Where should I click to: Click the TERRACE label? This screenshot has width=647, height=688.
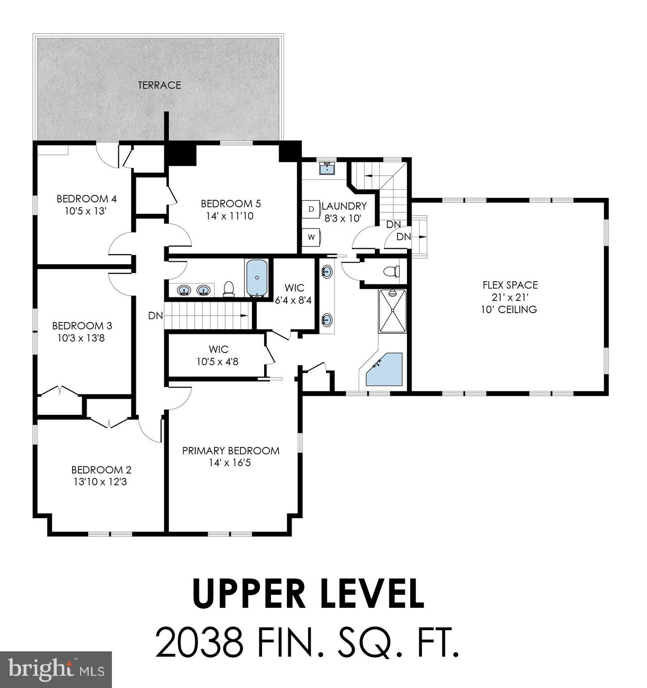tap(159, 85)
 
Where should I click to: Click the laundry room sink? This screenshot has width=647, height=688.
tap(327, 168)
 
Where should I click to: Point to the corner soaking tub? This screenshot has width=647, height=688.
tap(385, 370)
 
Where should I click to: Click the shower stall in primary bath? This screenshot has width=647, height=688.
tap(393, 311)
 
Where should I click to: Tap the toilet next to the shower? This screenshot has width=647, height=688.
tap(391, 271)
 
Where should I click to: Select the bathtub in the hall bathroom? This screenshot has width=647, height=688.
tap(257, 278)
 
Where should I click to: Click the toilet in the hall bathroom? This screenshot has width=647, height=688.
tap(229, 289)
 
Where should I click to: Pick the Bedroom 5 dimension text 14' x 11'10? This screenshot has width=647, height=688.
tap(230, 216)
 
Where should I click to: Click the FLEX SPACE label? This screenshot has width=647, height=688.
tap(510, 285)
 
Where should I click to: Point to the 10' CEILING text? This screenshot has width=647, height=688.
tap(509, 309)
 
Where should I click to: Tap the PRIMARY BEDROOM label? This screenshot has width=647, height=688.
tap(231, 451)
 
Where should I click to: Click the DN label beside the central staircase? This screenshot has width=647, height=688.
tap(155, 316)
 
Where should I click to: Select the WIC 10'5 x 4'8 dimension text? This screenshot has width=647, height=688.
tap(218, 361)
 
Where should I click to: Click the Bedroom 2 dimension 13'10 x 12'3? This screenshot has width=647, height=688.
tap(101, 482)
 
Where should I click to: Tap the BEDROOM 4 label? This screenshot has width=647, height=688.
tap(86, 198)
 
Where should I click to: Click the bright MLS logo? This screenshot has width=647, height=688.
tap(56, 669)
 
